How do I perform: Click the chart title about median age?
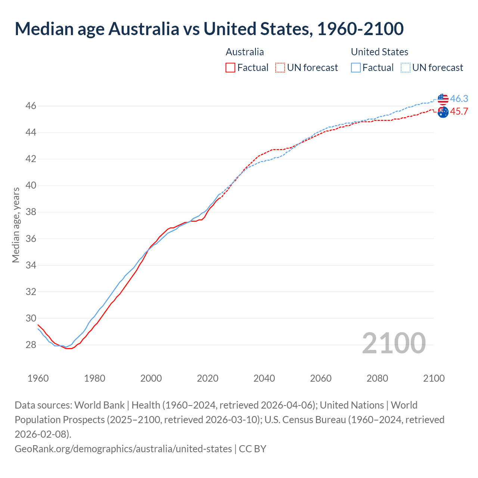point(209,29)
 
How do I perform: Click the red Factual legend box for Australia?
point(230,68)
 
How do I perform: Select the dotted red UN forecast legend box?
point(280,68)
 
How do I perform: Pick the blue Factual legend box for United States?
point(356,68)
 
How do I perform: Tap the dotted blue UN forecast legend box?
point(406,68)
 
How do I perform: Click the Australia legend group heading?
point(245,52)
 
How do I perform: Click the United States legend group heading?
point(379,52)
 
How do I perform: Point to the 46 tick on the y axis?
point(31,106)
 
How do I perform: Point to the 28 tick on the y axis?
point(31,345)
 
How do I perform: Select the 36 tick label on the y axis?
point(31,239)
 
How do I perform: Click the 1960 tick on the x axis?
point(38,378)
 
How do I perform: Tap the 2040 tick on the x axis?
point(264,378)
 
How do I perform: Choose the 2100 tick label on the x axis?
point(434,378)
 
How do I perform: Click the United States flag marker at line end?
point(443,99)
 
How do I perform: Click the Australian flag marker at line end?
point(443,112)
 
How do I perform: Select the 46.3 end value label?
point(459,99)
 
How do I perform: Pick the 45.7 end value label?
point(459,112)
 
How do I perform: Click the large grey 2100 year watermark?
point(394,343)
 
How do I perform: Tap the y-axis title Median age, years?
point(16,225)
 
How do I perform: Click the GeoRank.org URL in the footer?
point(123,448)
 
